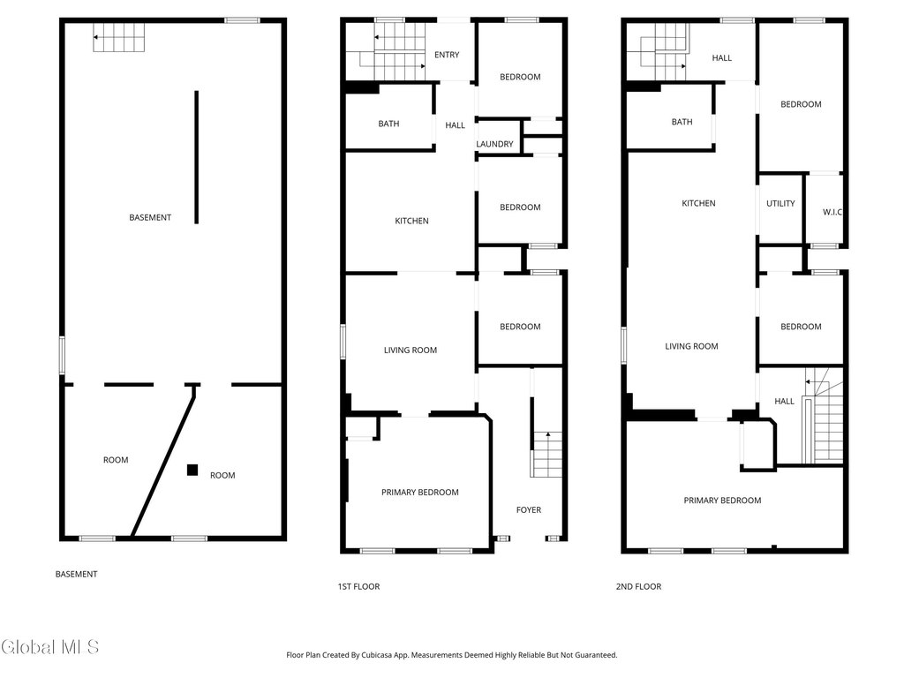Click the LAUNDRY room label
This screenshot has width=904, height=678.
[x=494, y=144]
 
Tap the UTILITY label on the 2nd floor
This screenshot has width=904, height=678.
[x=780, y=204]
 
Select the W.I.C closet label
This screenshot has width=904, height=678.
[x=832, y=212]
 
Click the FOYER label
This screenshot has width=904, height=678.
[x=529, y=509]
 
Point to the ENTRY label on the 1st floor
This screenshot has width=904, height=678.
[x=447, y=55]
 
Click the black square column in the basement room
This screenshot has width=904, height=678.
[x=192, y=470]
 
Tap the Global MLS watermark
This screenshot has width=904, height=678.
[x=49, y=647]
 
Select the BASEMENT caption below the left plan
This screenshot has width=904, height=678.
[x=76, y=574]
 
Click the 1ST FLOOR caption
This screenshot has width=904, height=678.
[x=358, y=586]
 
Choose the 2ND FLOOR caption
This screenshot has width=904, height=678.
[x=639, y=586]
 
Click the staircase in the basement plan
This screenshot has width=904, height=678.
[x=119, y=37]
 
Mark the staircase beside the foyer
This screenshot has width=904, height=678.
[x=546, y=455]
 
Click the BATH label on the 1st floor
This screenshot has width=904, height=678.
[x=388, y=124]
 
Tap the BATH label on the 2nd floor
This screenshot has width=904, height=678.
[x=682, y=122]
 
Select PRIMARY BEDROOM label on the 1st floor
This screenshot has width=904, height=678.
[x=419, y=493]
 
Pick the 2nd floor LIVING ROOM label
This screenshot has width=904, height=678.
[x=692, y=346]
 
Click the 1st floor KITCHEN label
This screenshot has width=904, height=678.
[x=411, y=221]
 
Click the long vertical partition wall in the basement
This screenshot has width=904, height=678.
[x=197, y=157]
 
